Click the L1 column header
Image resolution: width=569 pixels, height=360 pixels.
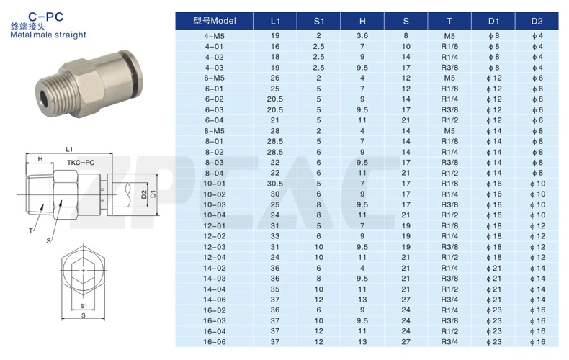pos(275,22)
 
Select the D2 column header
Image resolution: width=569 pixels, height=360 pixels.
pos(537,22)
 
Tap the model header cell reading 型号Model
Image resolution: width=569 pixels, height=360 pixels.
pos(215,21)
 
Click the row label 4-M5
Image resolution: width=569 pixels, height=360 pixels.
pos(215,36)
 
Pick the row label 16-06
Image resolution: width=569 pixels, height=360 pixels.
pos(215,342)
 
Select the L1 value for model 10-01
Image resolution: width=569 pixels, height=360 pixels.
pos(275,184)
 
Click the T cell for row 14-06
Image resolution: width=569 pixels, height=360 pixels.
pos(449,300)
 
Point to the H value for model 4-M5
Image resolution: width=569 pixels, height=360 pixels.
pos(362,36)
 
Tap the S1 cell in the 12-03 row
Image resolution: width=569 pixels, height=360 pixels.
pos(318,247)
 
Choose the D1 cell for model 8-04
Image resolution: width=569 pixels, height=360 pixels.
pos(494,173)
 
